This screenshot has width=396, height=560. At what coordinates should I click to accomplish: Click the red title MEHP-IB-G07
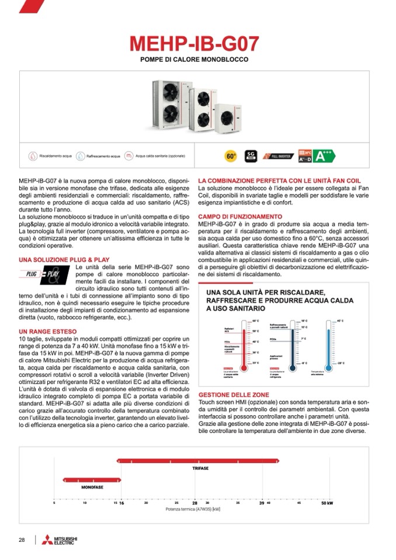pos(194,44)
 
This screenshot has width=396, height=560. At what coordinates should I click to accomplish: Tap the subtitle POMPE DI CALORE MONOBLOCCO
pos(194,60)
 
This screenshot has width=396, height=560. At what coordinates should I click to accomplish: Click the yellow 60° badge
pos(231,156)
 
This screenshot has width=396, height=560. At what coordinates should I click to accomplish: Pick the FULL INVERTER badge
pos(278,156)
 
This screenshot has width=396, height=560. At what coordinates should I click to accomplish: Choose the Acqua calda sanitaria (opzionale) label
pos(156,156)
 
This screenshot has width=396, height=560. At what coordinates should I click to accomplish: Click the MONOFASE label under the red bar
pos(92,486)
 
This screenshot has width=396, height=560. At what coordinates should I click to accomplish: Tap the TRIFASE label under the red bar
pos(200,468)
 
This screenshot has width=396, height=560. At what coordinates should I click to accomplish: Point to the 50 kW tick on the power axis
pos(327,503)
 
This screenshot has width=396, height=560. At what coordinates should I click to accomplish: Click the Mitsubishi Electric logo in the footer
pos(61,540)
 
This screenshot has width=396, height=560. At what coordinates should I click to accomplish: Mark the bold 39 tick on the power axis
pos(262,503)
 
